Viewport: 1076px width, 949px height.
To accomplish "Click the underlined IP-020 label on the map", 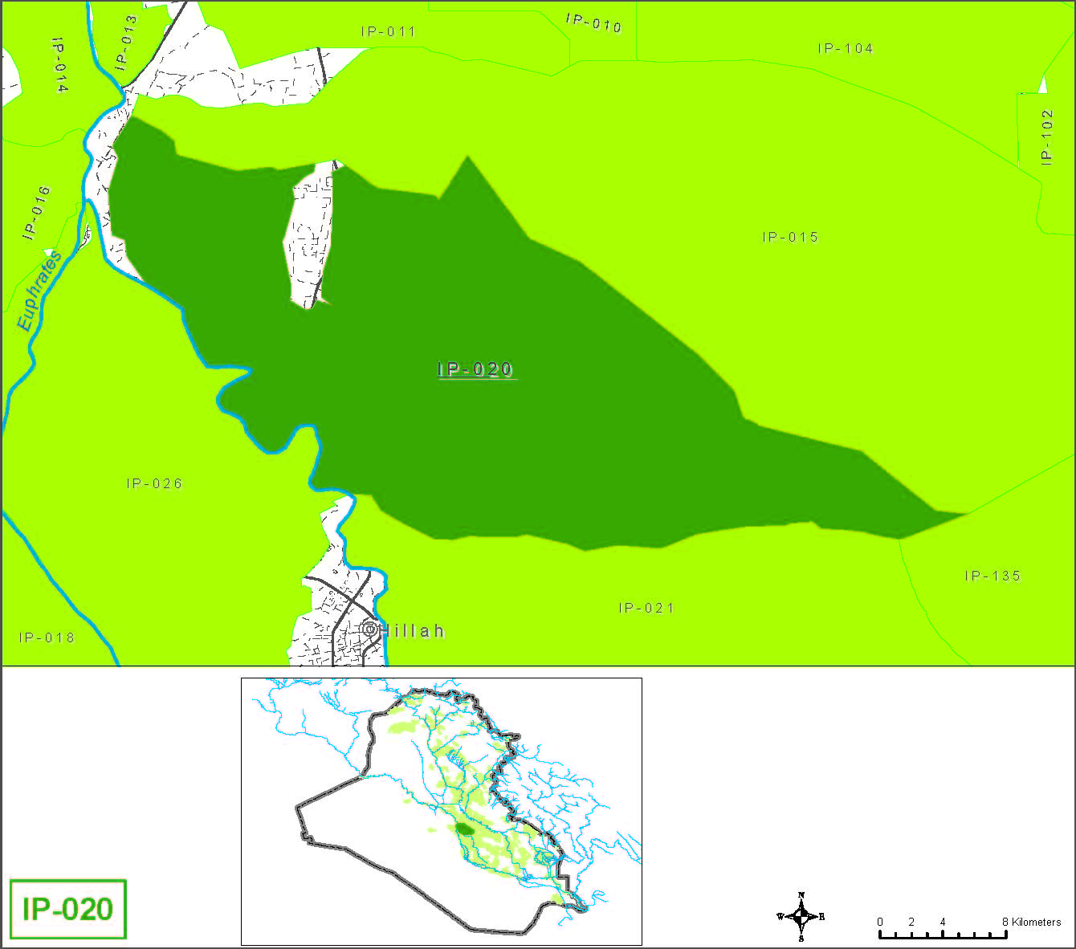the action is click(475, 369).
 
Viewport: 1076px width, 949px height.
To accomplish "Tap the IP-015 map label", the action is click(790, 237).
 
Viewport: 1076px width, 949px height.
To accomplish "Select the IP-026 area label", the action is click(154, 483).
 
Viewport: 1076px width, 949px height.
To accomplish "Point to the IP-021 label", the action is click(646, 608).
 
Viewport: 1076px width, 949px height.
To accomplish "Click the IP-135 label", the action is click(992, 576).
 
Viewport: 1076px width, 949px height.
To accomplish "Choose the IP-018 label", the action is click(47, 637).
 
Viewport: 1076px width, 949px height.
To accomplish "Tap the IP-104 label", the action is click(845, 48).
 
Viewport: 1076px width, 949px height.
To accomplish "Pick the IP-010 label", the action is click(593, 23).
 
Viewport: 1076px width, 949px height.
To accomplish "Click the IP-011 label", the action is click(388, 31).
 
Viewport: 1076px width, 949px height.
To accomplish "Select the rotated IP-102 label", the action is click(1046, 137).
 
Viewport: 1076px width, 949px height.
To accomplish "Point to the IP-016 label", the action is click(37, 213).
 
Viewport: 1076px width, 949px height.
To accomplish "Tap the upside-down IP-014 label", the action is click(59, 64).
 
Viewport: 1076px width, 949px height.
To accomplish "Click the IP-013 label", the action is click(125, 43).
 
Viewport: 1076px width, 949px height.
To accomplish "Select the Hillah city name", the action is click(412, 631).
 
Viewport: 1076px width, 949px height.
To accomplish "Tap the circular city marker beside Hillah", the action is click(369, 629).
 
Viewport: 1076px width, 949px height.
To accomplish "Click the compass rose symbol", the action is click(801, 916).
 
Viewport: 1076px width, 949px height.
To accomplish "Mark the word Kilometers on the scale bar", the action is click(1036, 922).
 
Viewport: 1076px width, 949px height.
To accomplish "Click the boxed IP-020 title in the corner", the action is click(68, 909).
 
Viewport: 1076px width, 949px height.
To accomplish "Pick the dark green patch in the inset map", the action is click(463, 828).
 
